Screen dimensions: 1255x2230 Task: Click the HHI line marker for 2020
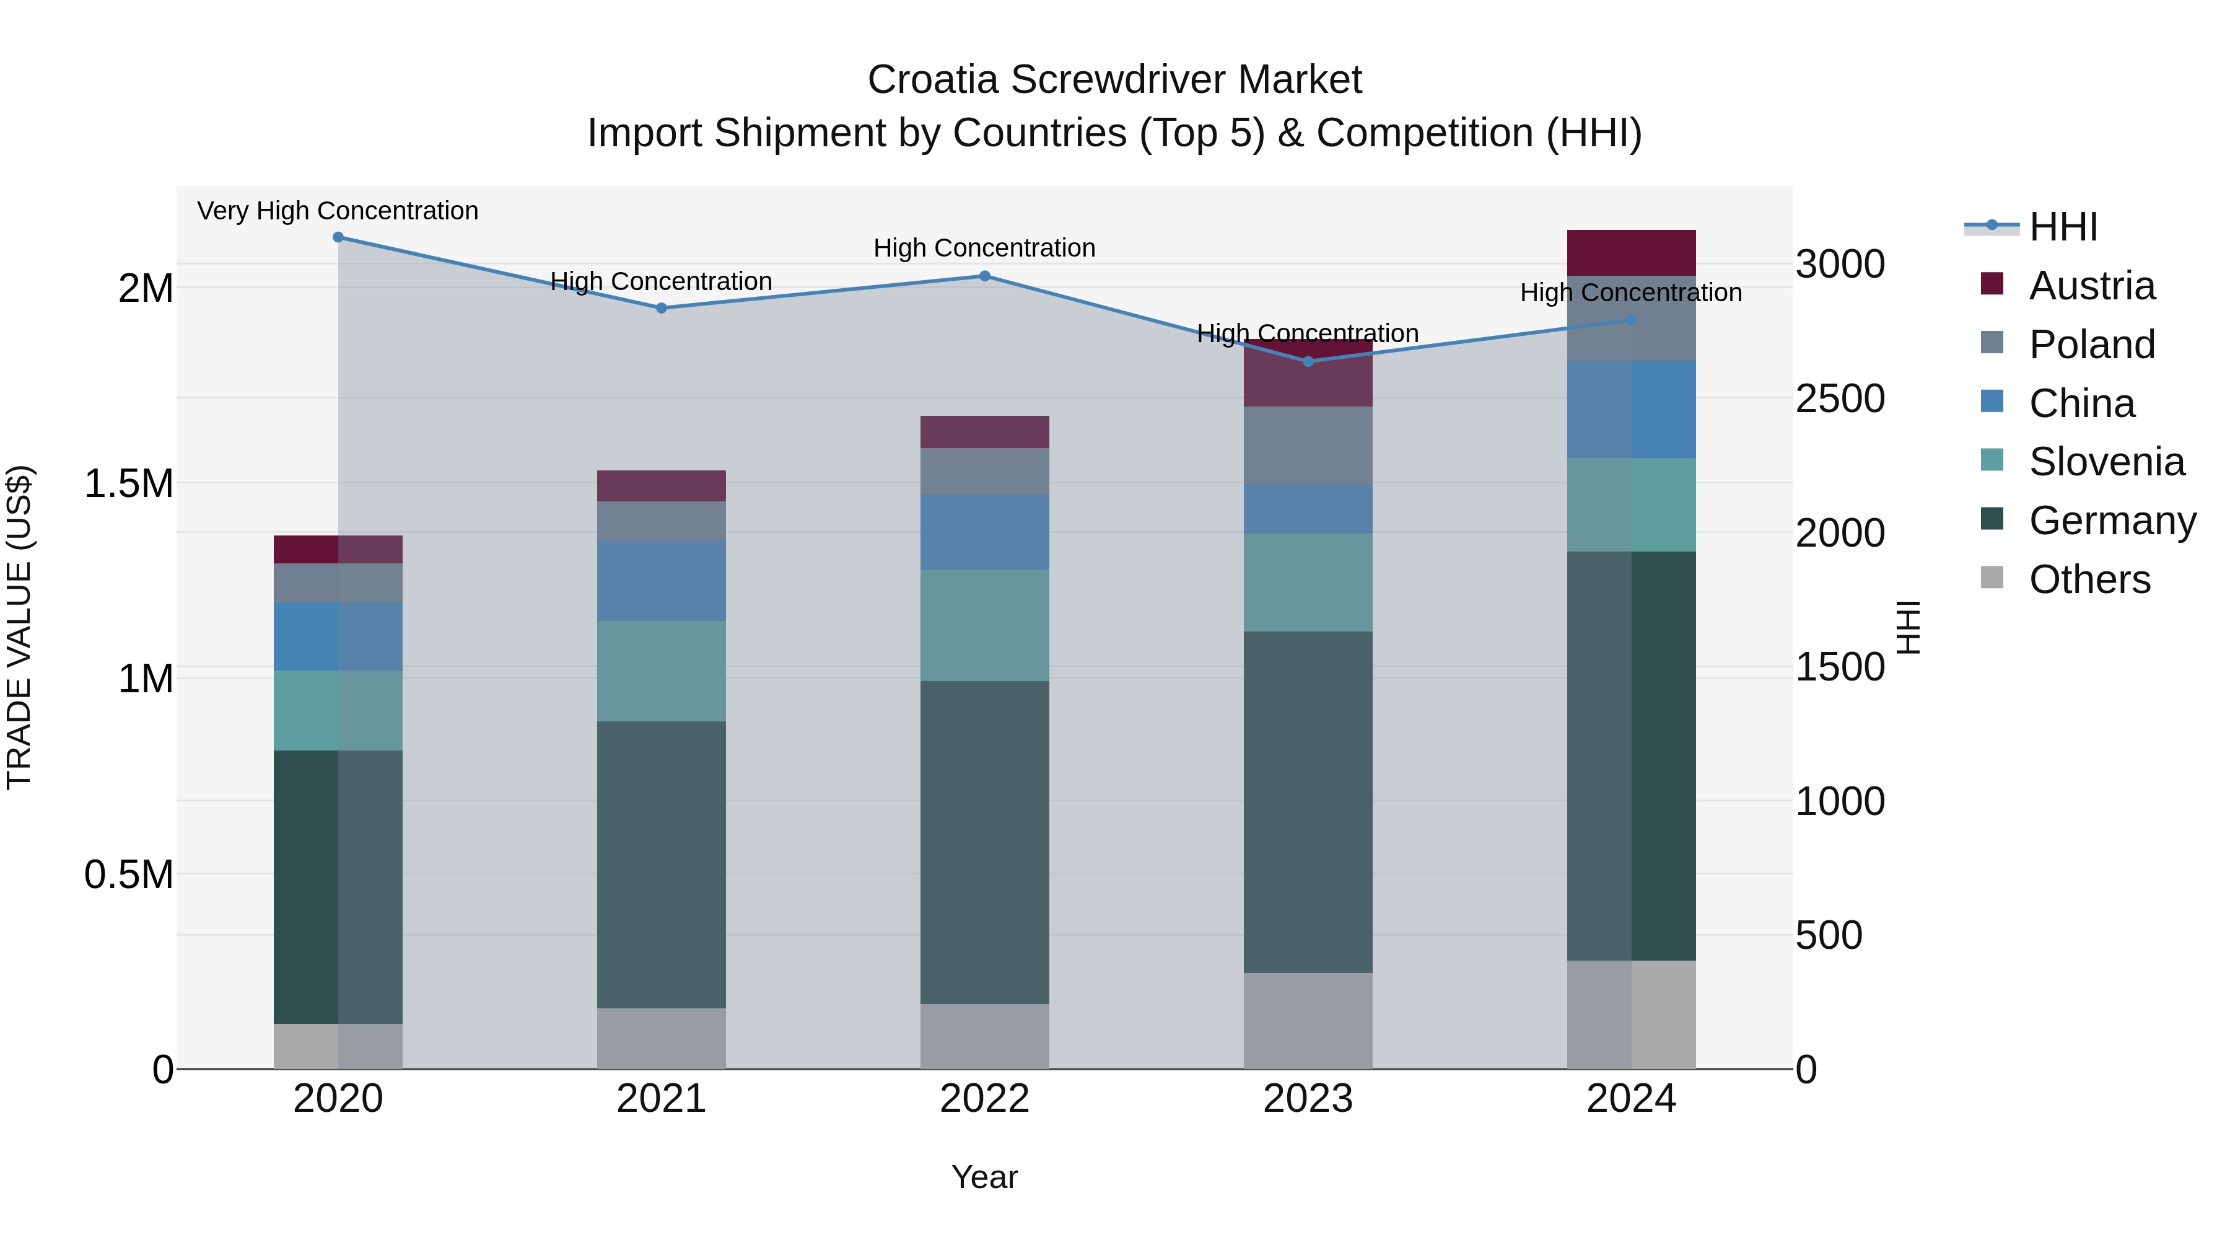338,237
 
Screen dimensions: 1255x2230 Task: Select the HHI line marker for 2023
1308,362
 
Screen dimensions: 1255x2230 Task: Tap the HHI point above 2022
984,276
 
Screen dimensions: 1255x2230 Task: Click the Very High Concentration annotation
338,211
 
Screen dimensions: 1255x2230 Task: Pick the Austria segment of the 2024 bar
1631,253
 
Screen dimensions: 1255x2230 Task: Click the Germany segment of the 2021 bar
662,865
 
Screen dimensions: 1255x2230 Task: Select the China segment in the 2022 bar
984,532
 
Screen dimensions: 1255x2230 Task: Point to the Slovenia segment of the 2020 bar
338,710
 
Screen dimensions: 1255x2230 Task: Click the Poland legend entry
2091,345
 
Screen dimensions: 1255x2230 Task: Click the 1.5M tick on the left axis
129,483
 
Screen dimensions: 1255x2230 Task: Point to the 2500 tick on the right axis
1840,399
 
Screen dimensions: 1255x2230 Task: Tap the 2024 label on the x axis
1631,1099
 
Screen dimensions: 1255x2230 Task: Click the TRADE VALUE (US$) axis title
20,627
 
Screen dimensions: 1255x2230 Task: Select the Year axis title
984,1177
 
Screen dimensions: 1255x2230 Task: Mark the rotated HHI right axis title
1908,627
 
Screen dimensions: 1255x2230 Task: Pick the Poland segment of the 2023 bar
1308,445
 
